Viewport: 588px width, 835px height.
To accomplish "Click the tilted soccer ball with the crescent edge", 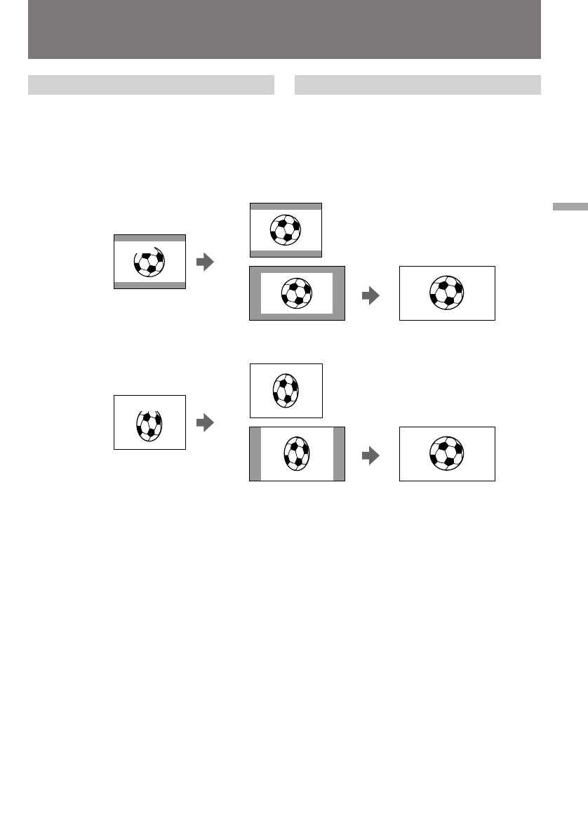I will click(149, 261).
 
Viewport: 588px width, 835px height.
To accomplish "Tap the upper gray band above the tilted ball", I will click(149, 238).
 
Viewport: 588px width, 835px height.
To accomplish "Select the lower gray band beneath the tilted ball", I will click(149, 285).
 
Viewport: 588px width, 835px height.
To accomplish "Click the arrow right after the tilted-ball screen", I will click(204, 262).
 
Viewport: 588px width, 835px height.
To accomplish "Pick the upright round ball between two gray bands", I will click(285, 229).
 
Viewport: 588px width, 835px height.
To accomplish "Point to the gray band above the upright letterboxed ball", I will click(286, 206).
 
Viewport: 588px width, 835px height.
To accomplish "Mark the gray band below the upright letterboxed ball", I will click(286, 253).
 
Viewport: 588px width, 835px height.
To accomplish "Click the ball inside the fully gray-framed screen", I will click(296, 293).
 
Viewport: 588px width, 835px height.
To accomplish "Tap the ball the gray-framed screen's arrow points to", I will click(446, 293).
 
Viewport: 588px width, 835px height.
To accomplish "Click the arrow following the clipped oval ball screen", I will click(204, 422).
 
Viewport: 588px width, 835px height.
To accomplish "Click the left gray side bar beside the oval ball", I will click(255, 453).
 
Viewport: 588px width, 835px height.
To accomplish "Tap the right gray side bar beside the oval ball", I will click(339, 453).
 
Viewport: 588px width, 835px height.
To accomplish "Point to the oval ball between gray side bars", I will click(296, 453).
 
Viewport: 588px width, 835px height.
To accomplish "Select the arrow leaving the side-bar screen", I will click(370, 455).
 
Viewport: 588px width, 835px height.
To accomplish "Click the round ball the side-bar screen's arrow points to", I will click(446, 453).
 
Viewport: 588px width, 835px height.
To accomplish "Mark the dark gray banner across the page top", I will click(284, 29).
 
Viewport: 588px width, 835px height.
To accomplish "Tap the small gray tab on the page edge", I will click(569, 207).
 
